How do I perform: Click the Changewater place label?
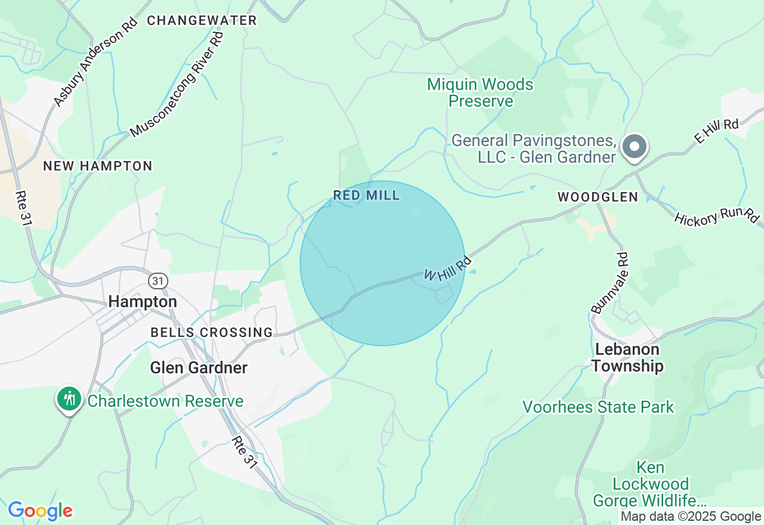[202, 20]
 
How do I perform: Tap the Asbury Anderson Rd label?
[95, 61]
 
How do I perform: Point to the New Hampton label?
[98, 166]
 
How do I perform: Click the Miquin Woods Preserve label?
[480, 92]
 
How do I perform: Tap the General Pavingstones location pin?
[634, 146]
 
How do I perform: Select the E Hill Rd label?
[716, 131]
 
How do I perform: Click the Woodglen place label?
[597, 197]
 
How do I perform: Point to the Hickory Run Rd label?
[716, 217]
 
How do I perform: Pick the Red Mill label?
[366, 195]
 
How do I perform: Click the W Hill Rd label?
[448, 268]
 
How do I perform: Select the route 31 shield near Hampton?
[158, 280]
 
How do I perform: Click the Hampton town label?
[143, 302]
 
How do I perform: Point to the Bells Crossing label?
[211, 332]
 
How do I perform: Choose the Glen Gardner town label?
[199, 367]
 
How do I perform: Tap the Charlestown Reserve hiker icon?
[70, 398]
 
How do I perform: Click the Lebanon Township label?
[627, 357]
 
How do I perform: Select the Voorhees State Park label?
[598, 407]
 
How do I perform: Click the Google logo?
[41, 511]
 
